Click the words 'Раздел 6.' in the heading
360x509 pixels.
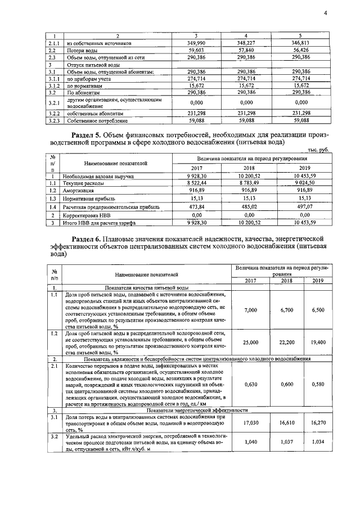96,238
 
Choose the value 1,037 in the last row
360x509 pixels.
286,442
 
